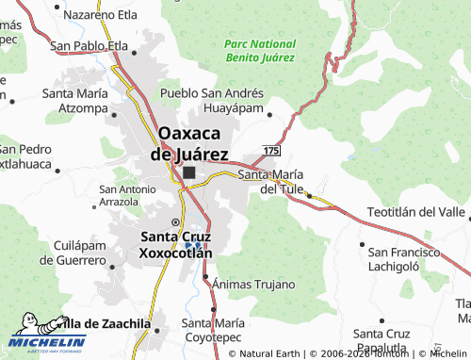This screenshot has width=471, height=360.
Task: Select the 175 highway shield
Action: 272,151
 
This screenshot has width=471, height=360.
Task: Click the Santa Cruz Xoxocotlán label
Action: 175,245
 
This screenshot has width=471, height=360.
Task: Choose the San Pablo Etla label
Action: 89,44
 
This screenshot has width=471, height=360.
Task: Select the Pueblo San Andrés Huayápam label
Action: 212,101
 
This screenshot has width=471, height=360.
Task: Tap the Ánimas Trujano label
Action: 253,284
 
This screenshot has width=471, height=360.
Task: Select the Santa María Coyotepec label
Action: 216,330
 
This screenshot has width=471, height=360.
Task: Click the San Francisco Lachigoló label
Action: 405,259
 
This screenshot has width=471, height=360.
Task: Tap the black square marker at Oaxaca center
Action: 189,172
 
